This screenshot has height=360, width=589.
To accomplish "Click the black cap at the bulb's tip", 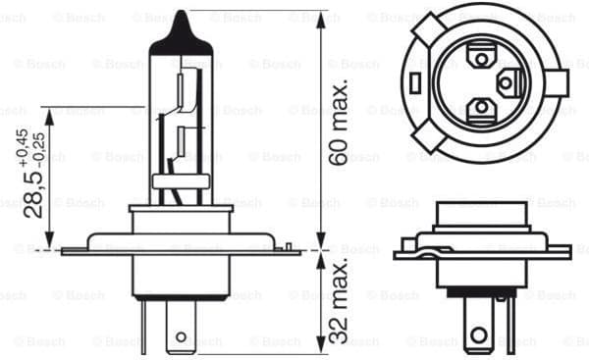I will coord(181,28).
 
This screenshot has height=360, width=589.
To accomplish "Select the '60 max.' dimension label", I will coord(339,124).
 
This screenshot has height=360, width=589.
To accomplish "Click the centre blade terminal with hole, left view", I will coord(181,329).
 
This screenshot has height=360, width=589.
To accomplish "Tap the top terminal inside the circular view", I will coord(478,58).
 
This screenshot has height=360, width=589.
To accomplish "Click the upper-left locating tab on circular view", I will coord(424,31).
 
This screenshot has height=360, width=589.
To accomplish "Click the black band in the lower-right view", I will coord(480,291).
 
